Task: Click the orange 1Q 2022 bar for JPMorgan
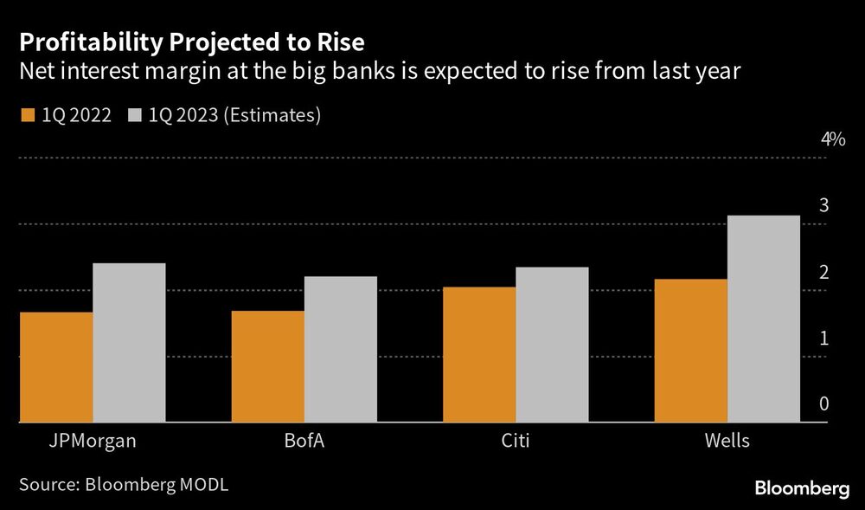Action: coord(55,367)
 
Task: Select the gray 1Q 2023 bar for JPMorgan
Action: coord(129,343)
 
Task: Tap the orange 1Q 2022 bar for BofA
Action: coord(267,366)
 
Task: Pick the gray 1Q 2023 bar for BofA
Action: coord(341,350)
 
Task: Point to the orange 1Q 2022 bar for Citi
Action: coord(479,355)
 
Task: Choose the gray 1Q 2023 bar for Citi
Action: coord(552,345)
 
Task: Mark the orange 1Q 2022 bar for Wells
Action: coord(690,351)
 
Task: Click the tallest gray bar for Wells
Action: coord(764,319)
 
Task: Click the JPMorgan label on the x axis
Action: coord(93,442)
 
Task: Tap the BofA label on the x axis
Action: coord(304,442)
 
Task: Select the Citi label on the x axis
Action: coord(516,442)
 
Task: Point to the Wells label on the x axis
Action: coord(727,442)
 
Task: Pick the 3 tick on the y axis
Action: coord(824,206)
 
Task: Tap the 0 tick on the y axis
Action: coord(824,404)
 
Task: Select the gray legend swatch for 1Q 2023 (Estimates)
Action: coord(136,115)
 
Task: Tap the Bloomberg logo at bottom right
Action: coord(802,489)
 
